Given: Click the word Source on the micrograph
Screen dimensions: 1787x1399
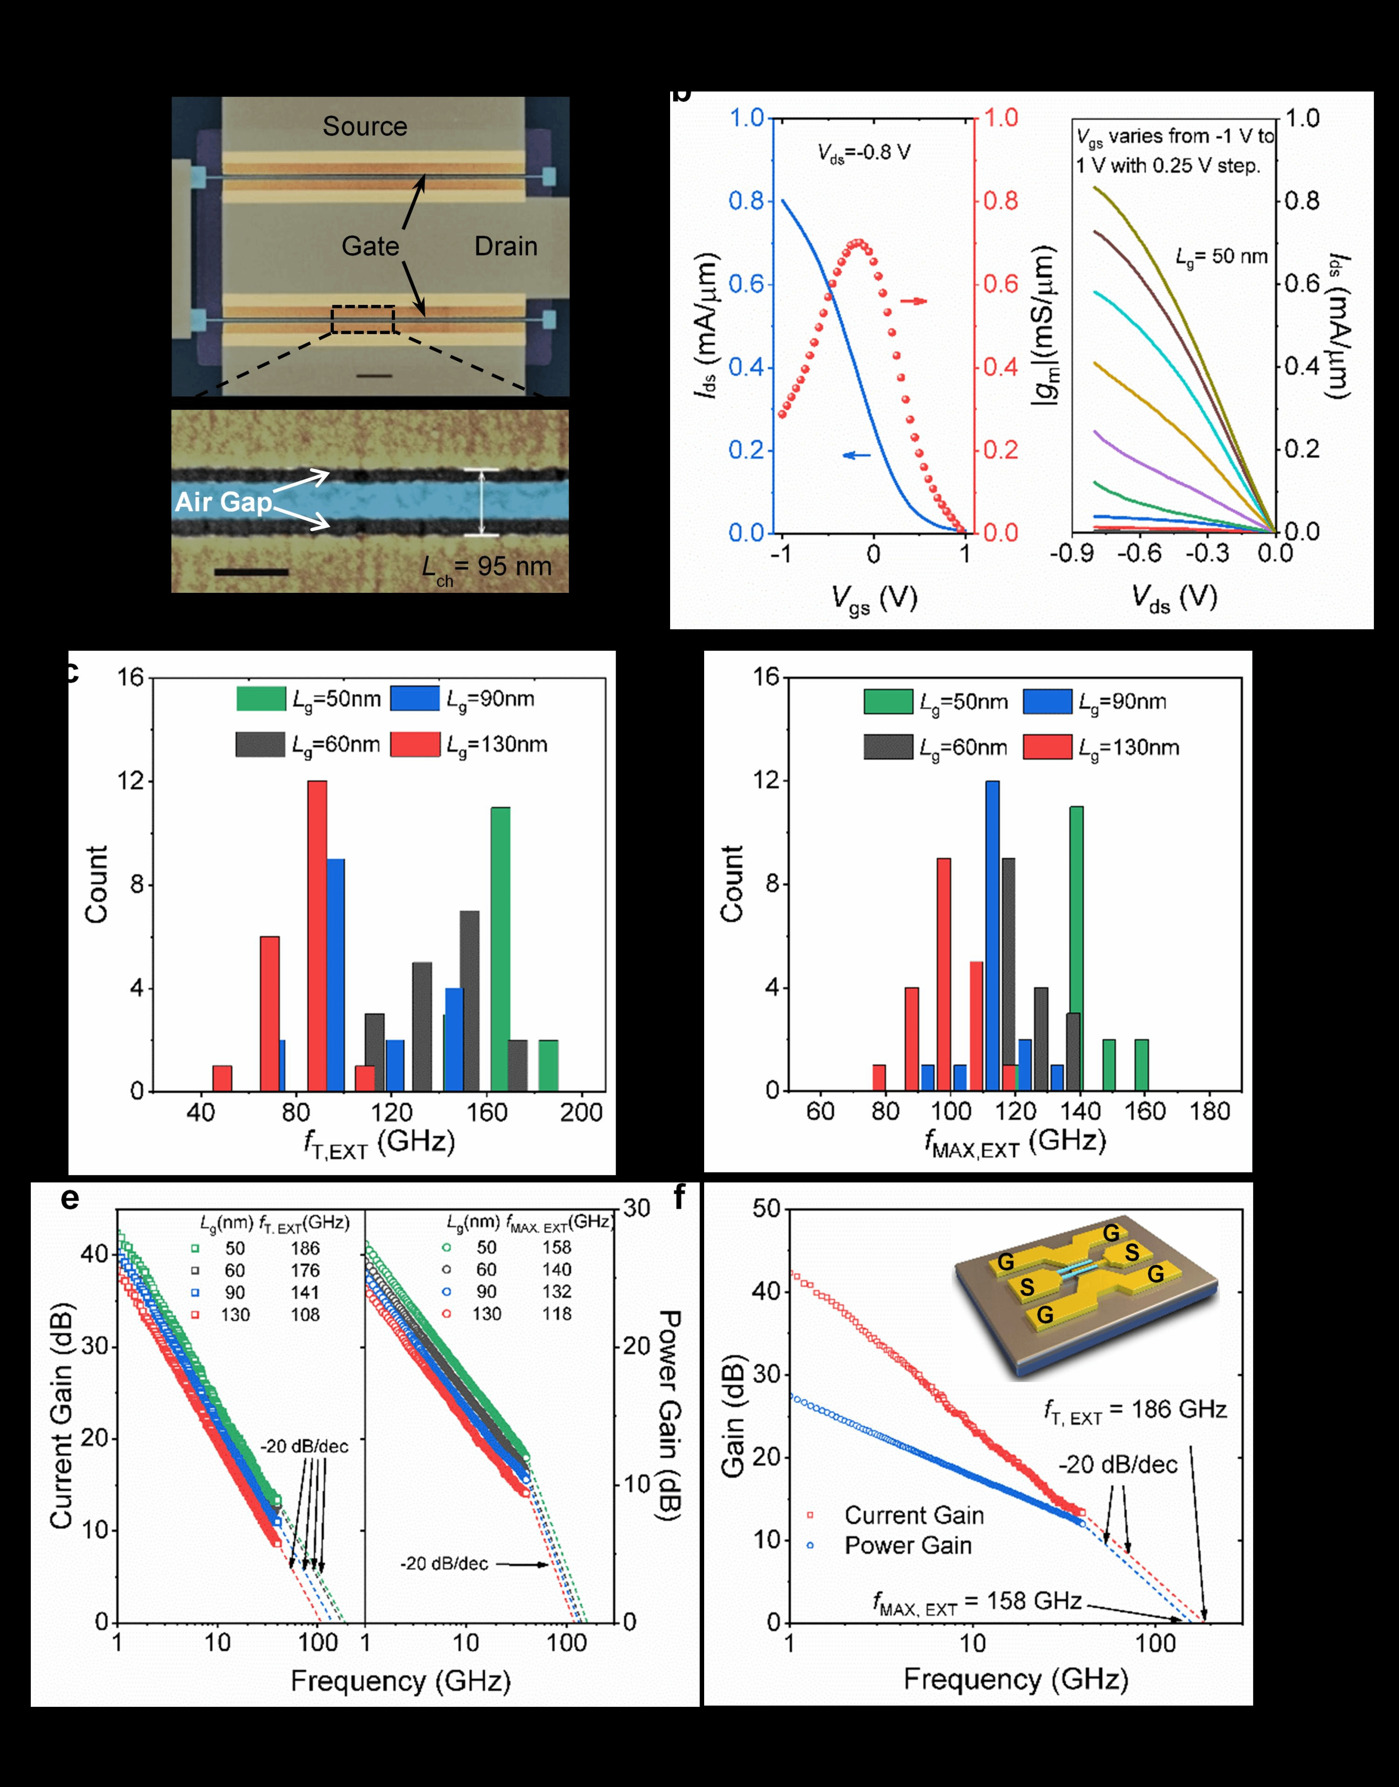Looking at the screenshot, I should click(365, 126).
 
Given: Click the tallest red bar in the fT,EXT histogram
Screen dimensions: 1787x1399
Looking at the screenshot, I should click(317, 935).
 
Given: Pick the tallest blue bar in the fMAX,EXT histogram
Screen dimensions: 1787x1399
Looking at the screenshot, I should click(992, 935).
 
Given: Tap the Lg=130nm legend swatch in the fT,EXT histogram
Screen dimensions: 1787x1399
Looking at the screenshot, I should click(415, 744).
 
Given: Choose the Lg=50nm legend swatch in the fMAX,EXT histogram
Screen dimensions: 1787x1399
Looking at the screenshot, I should click(888, 701).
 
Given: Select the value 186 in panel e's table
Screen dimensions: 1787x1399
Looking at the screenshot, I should click(305, 1248).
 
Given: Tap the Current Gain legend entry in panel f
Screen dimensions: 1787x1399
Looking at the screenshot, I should click(913, 1515).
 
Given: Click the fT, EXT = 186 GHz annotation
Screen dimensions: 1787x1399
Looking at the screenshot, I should click(1135, 1409).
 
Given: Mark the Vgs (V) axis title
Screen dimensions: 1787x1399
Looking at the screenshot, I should click(874, 599).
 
